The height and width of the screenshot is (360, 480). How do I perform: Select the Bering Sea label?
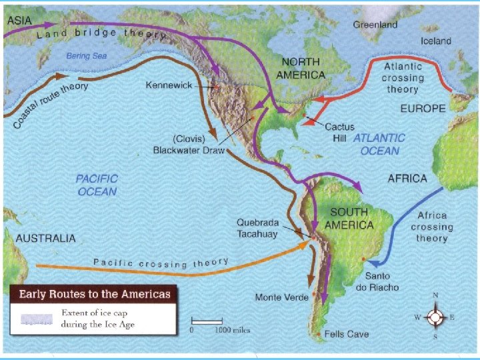tap(87, 56)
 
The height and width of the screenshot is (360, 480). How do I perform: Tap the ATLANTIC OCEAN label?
tap(379, 144)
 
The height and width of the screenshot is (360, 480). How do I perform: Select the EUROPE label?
tap(423, 108)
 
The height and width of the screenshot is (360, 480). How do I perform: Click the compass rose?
tap(435, 317)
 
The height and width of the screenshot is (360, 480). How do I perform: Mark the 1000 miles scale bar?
tap(207, 321)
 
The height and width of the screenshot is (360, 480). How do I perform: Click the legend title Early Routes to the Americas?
tap(94, 294)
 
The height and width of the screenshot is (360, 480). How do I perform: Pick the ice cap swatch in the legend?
tap(37, 318)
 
